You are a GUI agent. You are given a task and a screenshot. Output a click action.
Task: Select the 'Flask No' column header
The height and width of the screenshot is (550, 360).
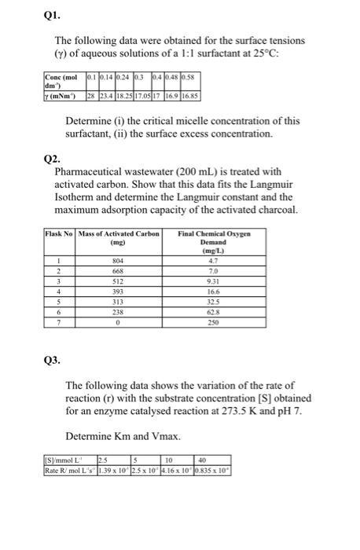click(60, 233)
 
